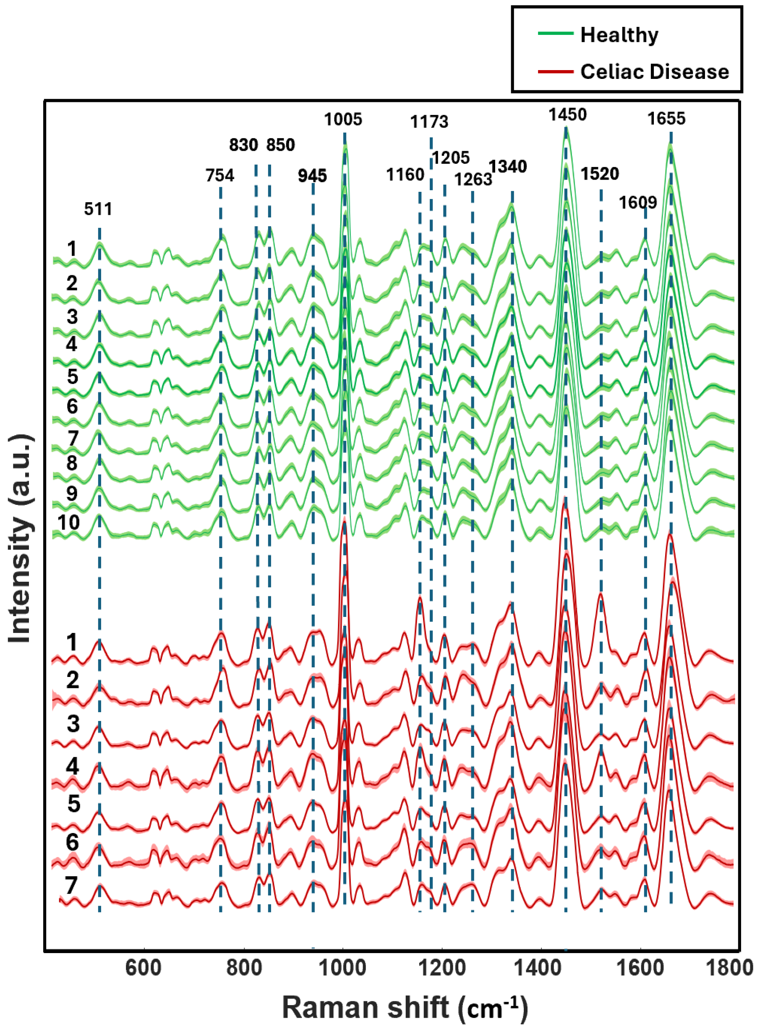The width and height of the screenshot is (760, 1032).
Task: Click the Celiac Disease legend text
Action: tap(654, 72)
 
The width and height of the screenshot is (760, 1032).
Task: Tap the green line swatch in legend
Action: tap(555, 34)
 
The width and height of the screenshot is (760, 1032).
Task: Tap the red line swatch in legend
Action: tap(555, 72)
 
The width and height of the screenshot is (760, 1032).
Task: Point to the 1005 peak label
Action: tap(343, 120)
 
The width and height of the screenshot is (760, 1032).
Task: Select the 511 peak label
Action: tap(98, 209)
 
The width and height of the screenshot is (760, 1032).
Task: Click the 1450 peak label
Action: tap(567, 115)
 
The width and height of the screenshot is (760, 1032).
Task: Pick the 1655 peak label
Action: tap(666, 119)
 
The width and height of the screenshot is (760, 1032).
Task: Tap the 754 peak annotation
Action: tap(219, 175)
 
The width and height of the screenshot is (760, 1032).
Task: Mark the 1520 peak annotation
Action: tap(599, 174)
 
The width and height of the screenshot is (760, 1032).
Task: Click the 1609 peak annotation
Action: tap(637, 202)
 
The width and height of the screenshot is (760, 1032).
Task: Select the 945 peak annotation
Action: tap(312, 176)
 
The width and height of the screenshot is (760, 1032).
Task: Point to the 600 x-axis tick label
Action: tap(144, 968)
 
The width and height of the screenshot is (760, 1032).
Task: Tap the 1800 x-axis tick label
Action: tap(729, 968)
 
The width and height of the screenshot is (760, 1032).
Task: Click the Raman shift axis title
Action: tap(405, 1008)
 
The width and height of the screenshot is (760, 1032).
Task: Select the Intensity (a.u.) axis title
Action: tap(21, 538)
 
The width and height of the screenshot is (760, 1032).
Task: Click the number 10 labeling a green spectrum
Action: tap(68, 523)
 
